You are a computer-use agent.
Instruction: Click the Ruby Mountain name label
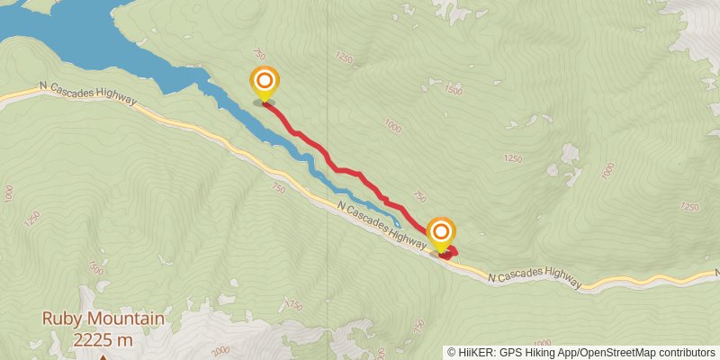click(x=103, y=319)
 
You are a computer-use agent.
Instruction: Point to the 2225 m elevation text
click(x=103, y=339)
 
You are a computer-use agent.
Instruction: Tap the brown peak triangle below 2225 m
click(x=103, y=356)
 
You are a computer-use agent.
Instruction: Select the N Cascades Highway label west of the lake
click(x=86, y=92)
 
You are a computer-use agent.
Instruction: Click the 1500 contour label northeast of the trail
click(x=454, y=91)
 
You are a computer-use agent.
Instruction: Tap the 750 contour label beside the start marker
click(x=260, y=55)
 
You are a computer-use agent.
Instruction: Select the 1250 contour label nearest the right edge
click(x=690, y=206)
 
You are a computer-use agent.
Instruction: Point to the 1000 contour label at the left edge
click(x=9, y=193)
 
